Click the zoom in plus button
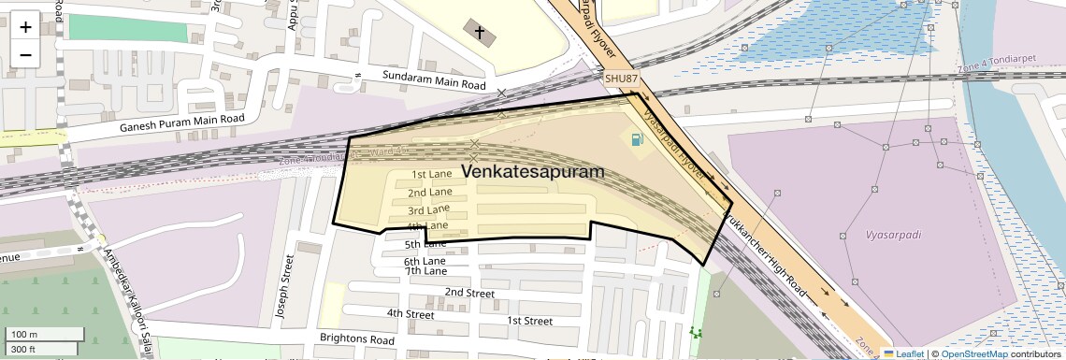tap(25, 26)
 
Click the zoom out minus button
tap(25, 54)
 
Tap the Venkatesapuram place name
tap(532, 172)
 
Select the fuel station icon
tap(637, 140)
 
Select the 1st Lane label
tap(432, 175)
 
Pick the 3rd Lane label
tap(429, 209)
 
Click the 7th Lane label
tap(425, 271)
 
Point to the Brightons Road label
tap(357, 339)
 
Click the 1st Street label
tap(529, 321)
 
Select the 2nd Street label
tap(469, 293)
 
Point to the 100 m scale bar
tap(43, 335)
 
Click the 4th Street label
tap(411, 314)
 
